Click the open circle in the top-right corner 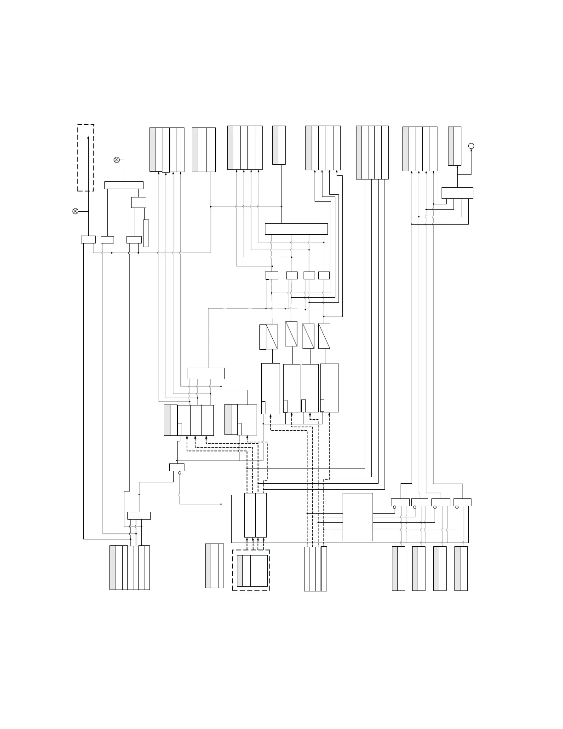click(471, 146)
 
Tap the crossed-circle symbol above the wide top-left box click(116, 160)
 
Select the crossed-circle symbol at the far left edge click(75, 211)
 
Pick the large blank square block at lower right click(357, 517)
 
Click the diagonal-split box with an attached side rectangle click(269, 337)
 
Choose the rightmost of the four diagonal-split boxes click(324, 336)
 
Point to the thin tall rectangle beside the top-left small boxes click(146, 233)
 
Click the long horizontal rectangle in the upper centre click(296, 229)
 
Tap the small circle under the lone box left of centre click(180, 473)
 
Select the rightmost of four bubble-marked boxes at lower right click(462, 502)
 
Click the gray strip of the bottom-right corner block click(457, 568)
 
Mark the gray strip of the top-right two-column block click(451, 146)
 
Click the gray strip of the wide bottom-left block click(113, 567)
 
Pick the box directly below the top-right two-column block click(457, 193)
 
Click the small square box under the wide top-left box click(138, 202)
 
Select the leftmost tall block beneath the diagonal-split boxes click(270, 388)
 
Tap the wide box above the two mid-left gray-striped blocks click(206, 373)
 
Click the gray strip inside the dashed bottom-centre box click(240, 571)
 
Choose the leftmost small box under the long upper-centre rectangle click(271, 275)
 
